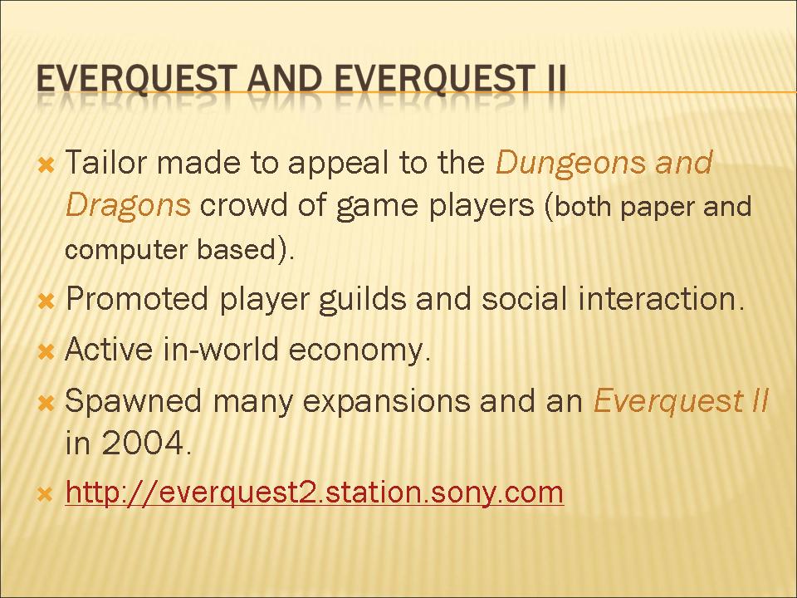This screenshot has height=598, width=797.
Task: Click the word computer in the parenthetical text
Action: pos(126,250)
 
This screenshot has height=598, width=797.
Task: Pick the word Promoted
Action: pos(137,298)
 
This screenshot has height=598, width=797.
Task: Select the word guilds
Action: pos(363,299)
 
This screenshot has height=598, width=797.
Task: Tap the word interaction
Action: pos(661,298)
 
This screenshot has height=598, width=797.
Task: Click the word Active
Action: pos(109,350)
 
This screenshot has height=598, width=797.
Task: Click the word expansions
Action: pos(386,402)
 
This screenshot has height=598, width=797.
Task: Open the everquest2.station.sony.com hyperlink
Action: pos(315,493)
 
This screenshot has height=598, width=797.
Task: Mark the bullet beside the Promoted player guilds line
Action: pos(46,302)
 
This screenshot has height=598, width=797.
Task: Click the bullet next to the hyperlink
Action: pos(46,494)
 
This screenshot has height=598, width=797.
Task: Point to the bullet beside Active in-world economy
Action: pos(46,352)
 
